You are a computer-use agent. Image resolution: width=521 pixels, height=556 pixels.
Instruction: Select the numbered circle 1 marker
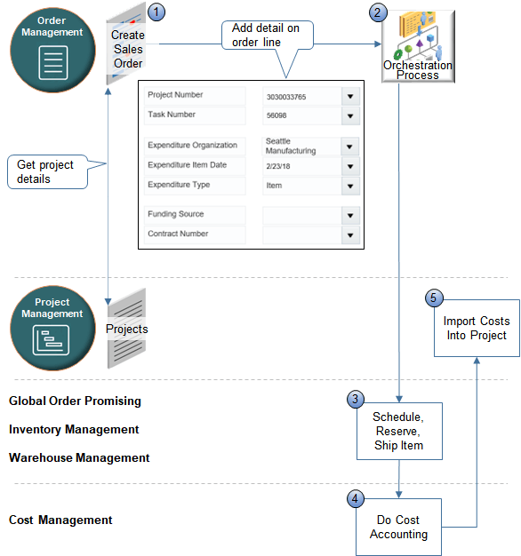156,12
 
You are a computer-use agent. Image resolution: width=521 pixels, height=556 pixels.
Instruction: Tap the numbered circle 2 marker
379,12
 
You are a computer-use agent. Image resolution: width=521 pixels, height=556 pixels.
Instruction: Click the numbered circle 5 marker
434,298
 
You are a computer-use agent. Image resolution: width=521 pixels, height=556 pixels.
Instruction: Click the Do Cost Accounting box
398,527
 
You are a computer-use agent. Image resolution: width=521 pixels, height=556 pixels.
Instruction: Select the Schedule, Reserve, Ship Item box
398,431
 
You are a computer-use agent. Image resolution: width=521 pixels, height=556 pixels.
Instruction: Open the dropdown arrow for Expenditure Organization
349,147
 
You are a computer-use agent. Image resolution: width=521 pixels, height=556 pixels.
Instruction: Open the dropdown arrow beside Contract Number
349,235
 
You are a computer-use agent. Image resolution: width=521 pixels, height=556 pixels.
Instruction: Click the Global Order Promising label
75,401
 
